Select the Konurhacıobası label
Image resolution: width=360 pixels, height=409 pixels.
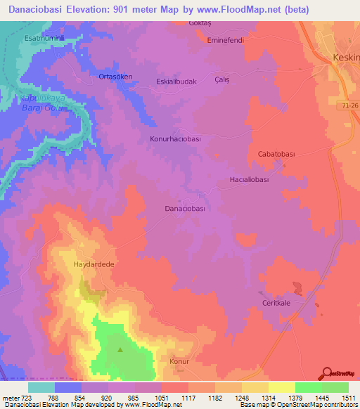[175, 139]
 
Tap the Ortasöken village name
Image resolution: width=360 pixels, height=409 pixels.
[115, 77]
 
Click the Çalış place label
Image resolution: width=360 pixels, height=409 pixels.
[222, 79]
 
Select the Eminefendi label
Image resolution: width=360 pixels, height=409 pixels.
[225, 40]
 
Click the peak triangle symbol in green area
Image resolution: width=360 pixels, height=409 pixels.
[120, 350]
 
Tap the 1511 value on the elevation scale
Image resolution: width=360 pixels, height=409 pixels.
[348, 398]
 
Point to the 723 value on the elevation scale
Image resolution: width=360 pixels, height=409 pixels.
[22, 398]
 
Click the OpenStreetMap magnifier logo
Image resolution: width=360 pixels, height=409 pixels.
[326, 373]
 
